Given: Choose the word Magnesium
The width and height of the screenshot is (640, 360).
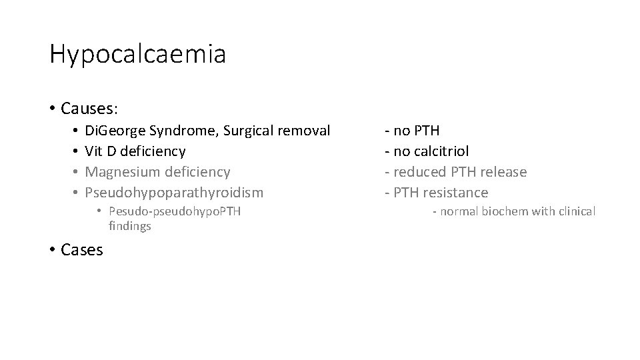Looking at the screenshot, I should coord(124,172).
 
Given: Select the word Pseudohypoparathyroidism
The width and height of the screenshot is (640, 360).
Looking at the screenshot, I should coord(175,193).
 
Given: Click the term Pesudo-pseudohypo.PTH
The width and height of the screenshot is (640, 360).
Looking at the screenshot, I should coord(175,212).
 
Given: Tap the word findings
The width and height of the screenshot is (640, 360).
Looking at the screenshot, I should coord(130,226).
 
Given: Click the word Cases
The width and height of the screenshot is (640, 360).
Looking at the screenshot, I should coord(81,250).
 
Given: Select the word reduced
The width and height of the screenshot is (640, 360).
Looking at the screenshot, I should coord(419,172).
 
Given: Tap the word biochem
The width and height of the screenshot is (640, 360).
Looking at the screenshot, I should coord(501,211).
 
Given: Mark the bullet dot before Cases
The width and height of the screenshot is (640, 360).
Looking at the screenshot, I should coord(53,250).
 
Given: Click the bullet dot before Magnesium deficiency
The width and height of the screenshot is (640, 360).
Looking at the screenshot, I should coord(77,172).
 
